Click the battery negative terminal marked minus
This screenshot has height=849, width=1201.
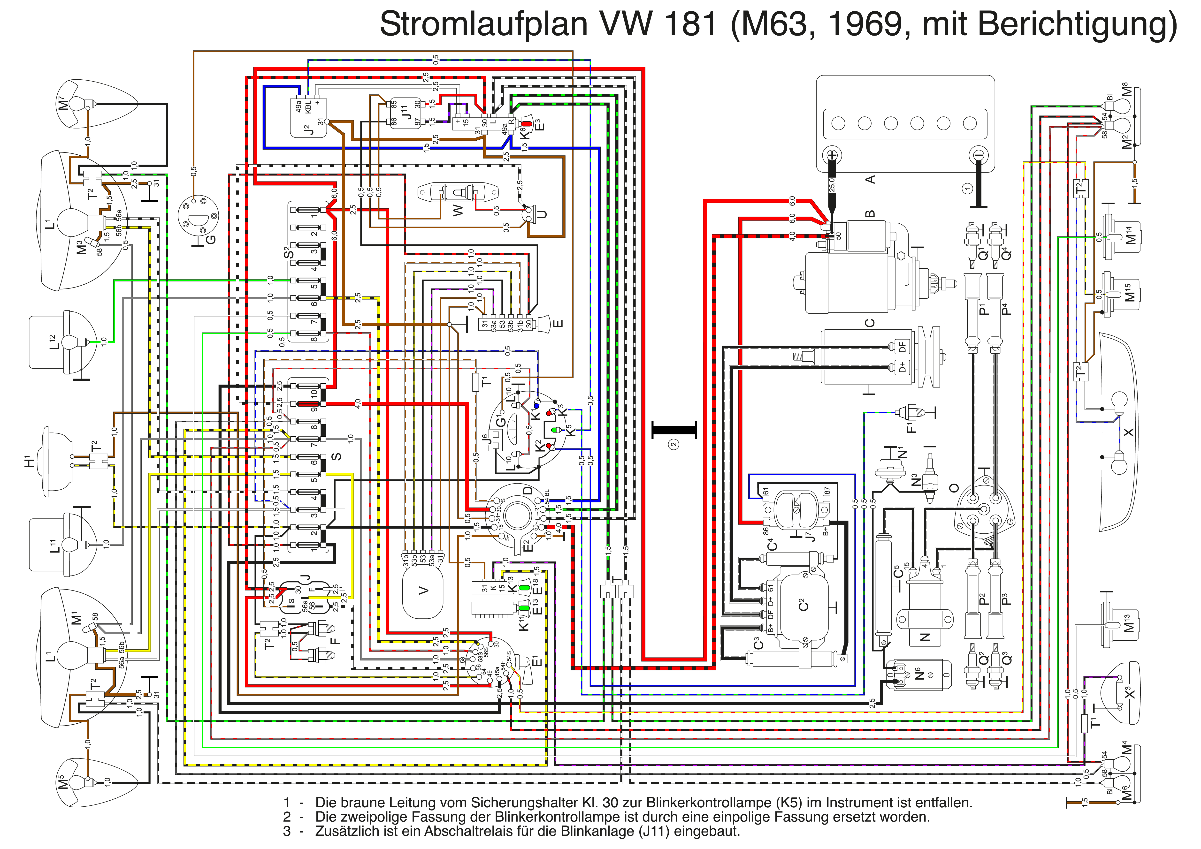coord(978,155)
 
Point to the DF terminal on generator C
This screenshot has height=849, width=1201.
coord(902,347)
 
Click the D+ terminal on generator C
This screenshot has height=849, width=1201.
coord(902,368)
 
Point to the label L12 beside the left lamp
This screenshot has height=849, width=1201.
coord(53,342)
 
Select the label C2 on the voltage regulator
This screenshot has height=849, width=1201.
coord(803,605)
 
